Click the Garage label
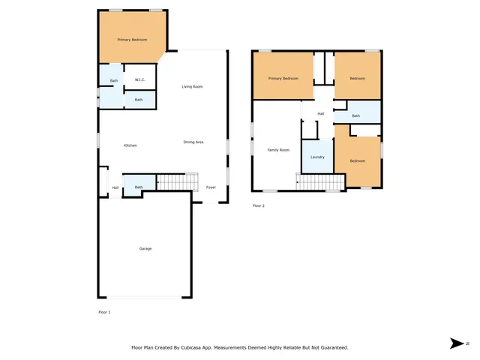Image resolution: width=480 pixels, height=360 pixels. coord(145,248)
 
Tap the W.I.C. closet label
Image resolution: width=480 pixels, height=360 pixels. coord(139,80)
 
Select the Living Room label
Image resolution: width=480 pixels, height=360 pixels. coord(192,87)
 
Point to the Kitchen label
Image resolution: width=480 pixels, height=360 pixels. coord(130,145)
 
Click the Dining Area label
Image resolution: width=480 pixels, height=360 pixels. coord(193,142)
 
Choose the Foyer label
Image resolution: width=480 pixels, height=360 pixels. coord(211,187)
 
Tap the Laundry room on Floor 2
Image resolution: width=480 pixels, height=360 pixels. coord(317,157)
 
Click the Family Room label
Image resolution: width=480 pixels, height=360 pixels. coord(278,150)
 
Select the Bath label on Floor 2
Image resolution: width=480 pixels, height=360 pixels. coord(356,115)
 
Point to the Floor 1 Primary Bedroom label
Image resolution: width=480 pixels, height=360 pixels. coord(132,39)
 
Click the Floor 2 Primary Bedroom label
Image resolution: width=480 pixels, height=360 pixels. coord(283,78)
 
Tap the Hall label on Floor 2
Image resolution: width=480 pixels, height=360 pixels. coord(320,113)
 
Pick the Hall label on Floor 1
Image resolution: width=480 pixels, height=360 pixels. coord(115,187)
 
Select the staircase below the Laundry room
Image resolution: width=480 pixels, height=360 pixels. coord(321,182)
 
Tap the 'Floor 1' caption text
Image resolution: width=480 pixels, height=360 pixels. coord(104,311)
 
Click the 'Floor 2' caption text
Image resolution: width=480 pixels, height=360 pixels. coord(259,205)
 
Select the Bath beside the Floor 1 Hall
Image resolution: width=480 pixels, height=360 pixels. coord(139,186)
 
